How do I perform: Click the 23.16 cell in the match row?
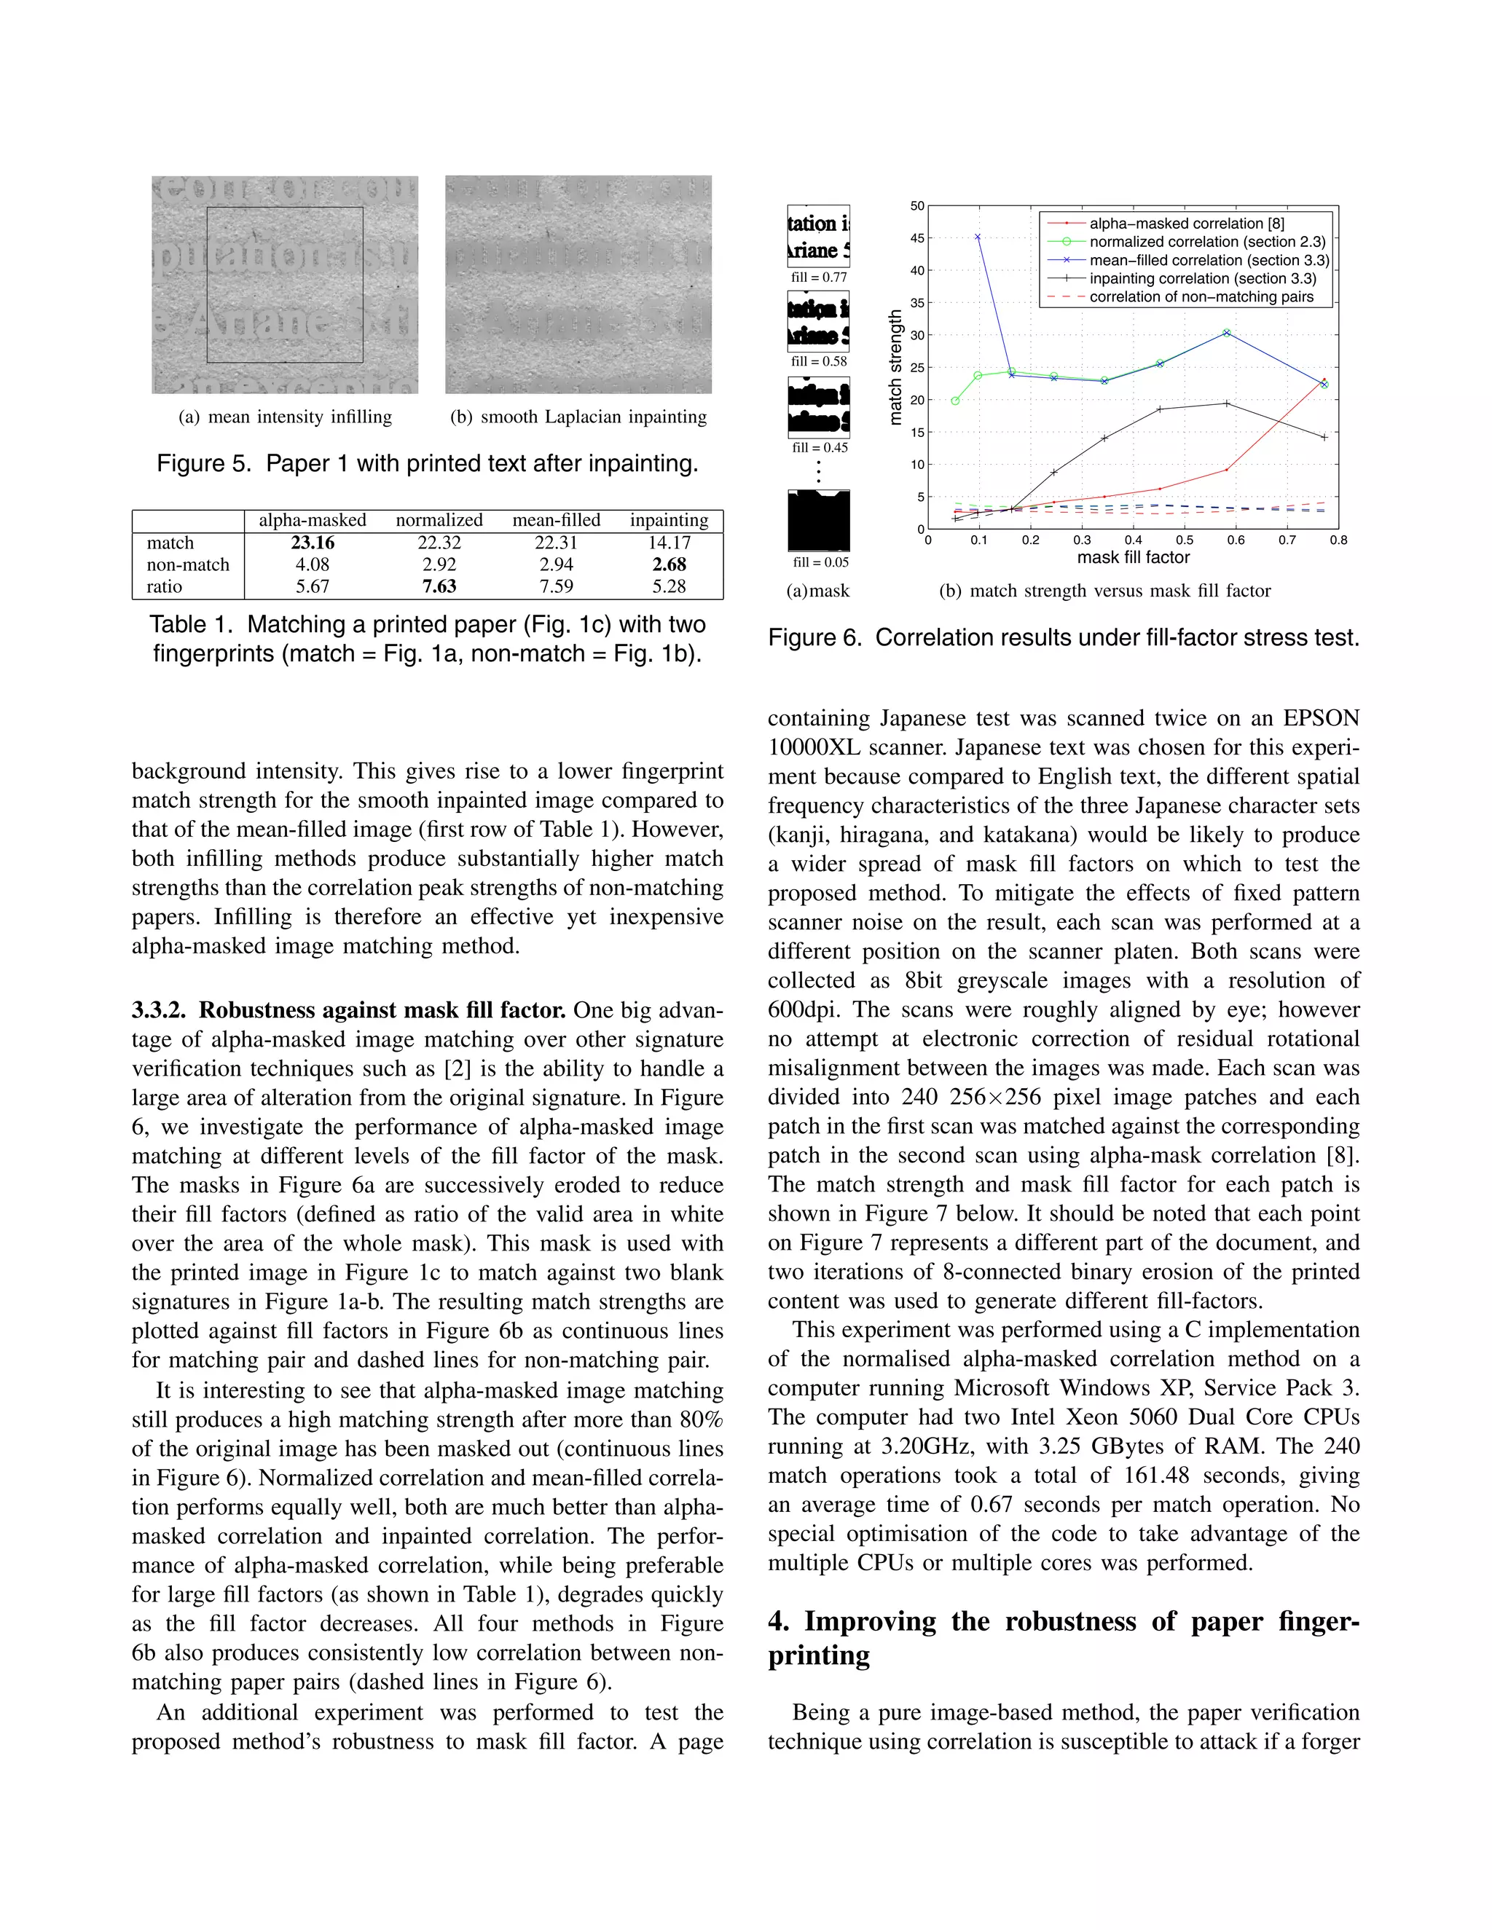point(312,543)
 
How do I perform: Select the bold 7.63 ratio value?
point(439,586)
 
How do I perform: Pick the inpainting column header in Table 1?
point(668,521)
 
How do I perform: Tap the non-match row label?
point(187,564)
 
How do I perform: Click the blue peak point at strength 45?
point(978,237)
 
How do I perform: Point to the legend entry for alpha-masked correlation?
point(1186,224)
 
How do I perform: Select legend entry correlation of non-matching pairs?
point(1201,297)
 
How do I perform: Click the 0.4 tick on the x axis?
point(1133,540)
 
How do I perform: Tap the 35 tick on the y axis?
point(917,303)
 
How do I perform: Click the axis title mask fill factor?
point(1133,558)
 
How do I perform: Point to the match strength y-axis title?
point(895,367)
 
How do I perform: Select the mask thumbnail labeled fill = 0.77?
point(818,236)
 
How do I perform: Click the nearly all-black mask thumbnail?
point(818,521)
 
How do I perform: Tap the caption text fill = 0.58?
point(818,361)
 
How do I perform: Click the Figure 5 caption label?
point(204,464)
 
